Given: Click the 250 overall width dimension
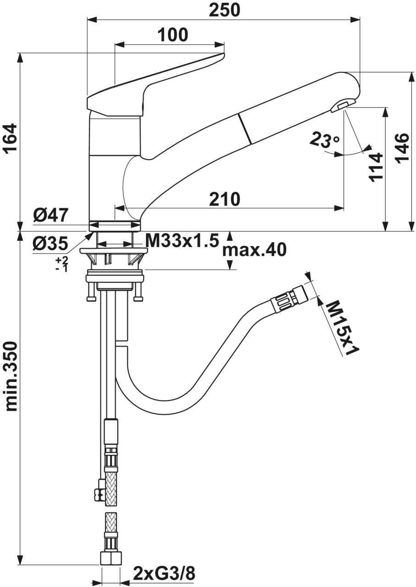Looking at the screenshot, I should click(x=224, y=10).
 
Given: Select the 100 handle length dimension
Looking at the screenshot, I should click(x=172, y=35).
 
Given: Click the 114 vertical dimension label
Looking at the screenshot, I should click(x=376, y=167).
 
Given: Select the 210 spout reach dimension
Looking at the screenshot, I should click(x=225, y=199).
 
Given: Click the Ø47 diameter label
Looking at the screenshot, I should click(x=50, y=214).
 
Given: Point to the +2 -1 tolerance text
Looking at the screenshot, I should click(x=61, y=264).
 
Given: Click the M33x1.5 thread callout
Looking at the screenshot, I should click(x=182, y=240).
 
